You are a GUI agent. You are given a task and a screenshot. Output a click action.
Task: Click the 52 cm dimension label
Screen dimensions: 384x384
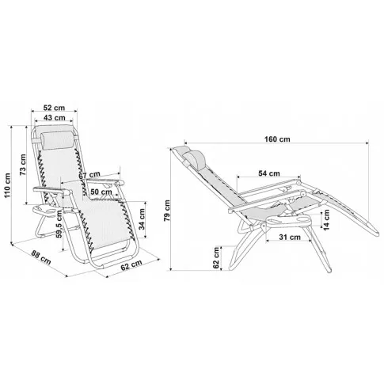[54, 108]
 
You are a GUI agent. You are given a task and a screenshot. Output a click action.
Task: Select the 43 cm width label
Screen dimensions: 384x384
[55, 118]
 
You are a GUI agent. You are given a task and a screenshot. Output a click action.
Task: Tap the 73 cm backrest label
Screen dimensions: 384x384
[23, 165]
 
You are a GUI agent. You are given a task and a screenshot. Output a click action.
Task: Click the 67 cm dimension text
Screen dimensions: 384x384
[89, 174]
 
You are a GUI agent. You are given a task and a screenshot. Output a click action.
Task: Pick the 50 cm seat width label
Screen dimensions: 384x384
[101, 192]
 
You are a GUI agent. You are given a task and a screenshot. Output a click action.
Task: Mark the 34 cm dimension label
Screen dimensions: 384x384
[142, 219]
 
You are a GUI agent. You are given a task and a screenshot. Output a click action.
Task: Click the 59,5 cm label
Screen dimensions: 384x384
[59, 224]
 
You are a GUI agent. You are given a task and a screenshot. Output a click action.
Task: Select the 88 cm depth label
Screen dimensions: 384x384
[41, 257]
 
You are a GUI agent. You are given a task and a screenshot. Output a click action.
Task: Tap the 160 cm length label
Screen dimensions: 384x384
[277, 139]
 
